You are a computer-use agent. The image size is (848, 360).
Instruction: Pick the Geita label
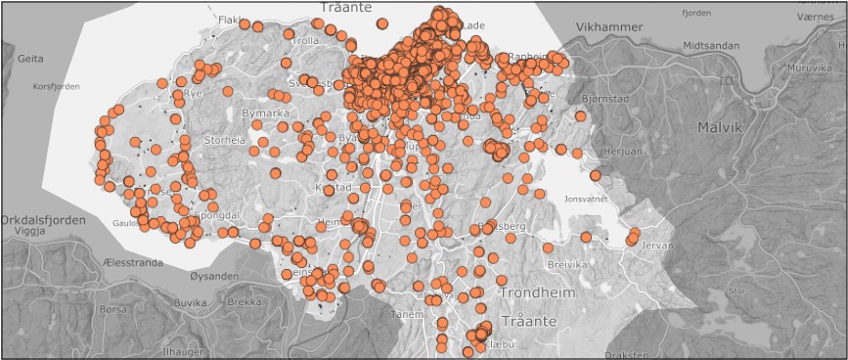coord(30,59)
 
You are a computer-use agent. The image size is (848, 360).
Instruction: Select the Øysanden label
coord(213,277)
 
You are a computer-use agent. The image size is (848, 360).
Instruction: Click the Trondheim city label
coord(541,292)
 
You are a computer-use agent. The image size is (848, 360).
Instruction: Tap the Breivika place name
coord(565,264)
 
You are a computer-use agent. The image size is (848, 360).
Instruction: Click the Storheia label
coord(225,141)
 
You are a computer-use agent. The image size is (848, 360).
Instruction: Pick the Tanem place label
coord(405,315)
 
